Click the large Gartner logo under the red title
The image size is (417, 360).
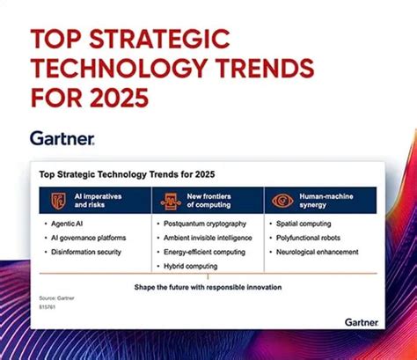point(62,138)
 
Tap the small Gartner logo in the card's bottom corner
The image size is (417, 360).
point(362,322)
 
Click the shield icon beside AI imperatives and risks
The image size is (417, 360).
point(58,200)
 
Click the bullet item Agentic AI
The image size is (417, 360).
point(71,224)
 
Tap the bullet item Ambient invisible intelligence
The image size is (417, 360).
point(212,238)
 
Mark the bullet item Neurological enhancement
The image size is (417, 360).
point(318,252)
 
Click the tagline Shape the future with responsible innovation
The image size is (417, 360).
point(208,286)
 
